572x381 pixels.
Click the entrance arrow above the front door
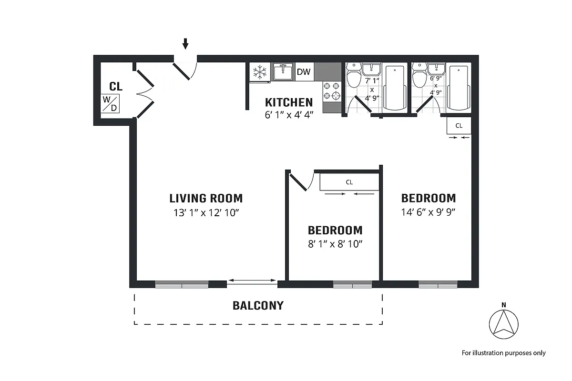(x=185, y=44)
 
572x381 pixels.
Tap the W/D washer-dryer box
(x=110, y=103)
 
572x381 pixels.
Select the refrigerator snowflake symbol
(x=259, y=72)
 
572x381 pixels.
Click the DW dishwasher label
(x=304, y=72)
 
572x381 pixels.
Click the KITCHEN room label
(x=289, y=102)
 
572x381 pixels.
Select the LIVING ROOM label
(x=206, y=198)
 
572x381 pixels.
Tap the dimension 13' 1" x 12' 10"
(x=206, y=213)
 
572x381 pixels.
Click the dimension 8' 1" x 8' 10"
(x=335, y=244)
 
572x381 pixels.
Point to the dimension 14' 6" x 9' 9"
(x=429, y=212)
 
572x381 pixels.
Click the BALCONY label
(x=258, y=306)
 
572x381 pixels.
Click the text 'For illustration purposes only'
(x=503, y=353)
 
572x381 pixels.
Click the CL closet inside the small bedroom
(x=349, y=182)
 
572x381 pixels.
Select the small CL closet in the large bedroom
(x=459, y=126)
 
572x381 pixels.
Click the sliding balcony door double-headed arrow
(x=252, y=281)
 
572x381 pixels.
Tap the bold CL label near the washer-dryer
(x=116, y=87)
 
